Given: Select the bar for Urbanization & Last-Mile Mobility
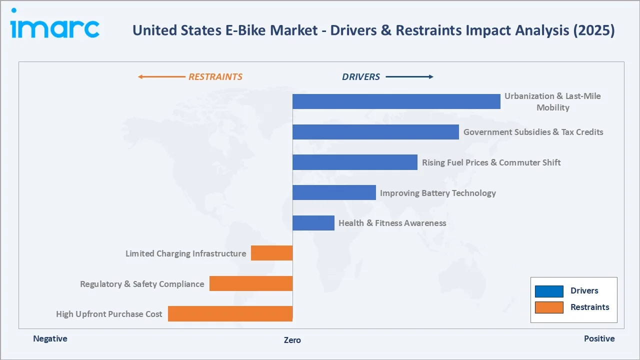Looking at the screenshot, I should [396, 101].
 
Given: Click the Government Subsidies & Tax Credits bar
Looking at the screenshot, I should [375, 132].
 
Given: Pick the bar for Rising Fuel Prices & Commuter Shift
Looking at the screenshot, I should [354, 162].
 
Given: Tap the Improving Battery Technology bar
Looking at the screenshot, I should [334, 192].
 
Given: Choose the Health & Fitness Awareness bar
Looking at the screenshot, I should [313, 223].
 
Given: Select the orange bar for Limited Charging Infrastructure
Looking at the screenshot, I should [271, 253].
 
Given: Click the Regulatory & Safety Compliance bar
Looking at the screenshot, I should [251, 283].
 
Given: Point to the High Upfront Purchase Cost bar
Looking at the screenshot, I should [230, 313].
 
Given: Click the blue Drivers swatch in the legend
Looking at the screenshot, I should [549, 291].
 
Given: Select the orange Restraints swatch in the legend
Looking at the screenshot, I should [549, 307].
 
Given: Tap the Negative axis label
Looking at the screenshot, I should [50, 338].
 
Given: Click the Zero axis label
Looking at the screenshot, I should [292, 340].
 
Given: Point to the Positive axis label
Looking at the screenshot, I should [599, 338].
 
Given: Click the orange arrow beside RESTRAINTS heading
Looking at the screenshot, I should [161, 77].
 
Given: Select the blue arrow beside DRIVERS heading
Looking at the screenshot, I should [409, 77].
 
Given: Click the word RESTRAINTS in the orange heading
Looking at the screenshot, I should [215, 77].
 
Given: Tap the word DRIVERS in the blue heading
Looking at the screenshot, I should [361, 77].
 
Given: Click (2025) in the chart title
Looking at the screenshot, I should [594, 30].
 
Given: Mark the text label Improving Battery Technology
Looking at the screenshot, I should [437, 193].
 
